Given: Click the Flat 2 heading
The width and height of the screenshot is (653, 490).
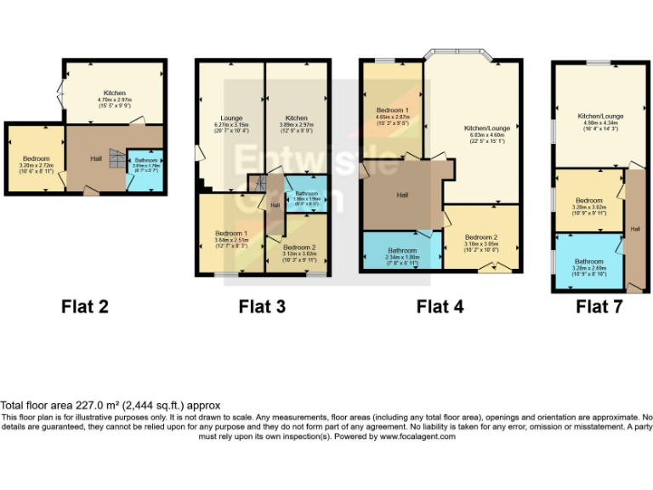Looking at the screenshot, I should (85, 306).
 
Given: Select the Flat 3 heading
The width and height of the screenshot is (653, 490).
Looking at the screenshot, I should (262, 306).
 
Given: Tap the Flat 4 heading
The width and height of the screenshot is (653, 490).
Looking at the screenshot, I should (440, 306).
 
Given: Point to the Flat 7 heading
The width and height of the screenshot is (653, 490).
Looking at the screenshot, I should (599, 306).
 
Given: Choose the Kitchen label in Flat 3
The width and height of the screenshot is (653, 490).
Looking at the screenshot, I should (297, 118).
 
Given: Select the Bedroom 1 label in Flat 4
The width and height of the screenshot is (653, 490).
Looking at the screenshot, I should (394, 111).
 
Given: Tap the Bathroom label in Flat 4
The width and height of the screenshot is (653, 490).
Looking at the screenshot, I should (402, 250).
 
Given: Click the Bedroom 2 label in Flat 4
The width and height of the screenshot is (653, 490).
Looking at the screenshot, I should (480, 237).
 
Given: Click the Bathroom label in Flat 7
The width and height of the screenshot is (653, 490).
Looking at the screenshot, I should (588, 261).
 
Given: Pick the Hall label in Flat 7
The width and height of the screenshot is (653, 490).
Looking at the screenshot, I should (633, 228).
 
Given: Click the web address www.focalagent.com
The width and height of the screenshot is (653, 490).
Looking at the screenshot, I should (417, 436).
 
